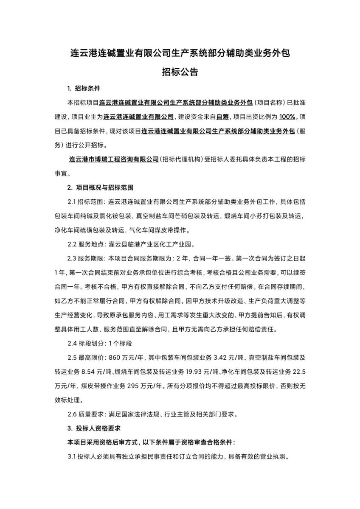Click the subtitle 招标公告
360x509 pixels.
[180, 72]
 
